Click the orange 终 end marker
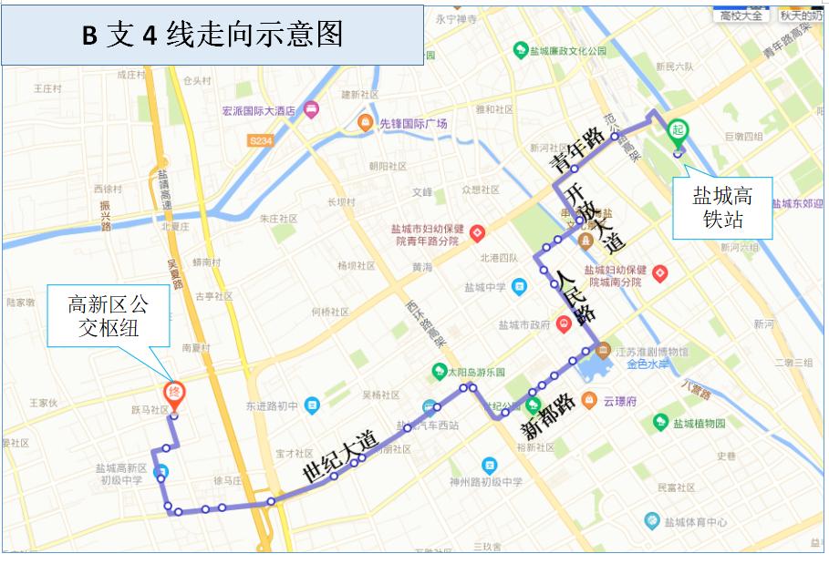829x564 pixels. (x=174, y=393)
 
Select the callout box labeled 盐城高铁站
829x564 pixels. (x=722, y=209)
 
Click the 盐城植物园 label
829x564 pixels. (x=699, y=424)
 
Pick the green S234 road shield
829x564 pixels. (x=263, y=140)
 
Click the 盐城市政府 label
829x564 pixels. (x=524, y=323)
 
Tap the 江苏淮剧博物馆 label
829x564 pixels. (x=651, y=352)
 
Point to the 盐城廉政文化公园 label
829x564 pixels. (x=567, y=51)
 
